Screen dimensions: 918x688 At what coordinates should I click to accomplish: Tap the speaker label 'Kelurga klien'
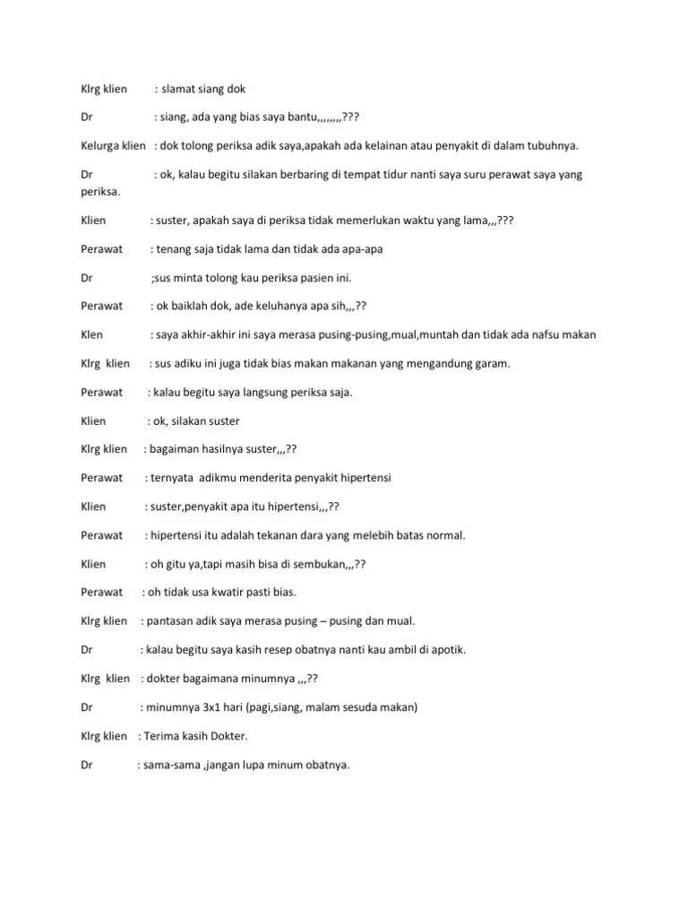[113, 146]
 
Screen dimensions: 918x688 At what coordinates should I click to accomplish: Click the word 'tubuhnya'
[553, 146]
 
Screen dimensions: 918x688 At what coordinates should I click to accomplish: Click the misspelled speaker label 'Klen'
[92, 334]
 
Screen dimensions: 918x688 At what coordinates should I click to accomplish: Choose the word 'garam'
[467, 363]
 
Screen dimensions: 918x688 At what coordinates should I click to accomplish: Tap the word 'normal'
[444, 535]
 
